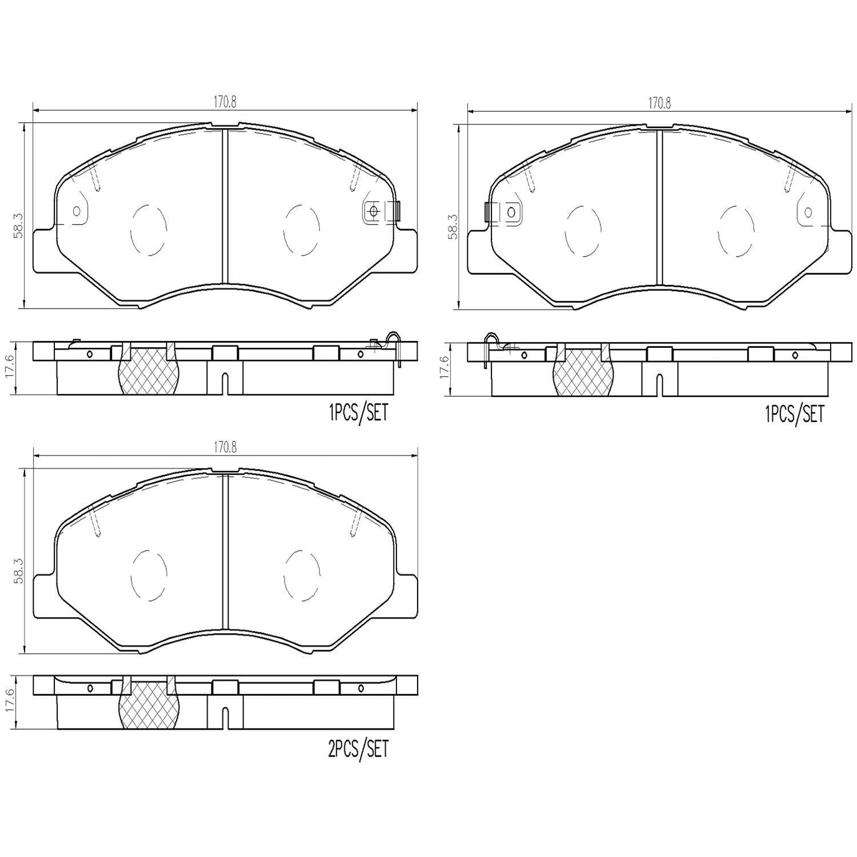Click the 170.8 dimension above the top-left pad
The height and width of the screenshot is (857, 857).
point(225,102)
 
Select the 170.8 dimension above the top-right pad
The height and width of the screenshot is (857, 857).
point(659,103)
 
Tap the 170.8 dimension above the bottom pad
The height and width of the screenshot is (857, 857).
point(225,448)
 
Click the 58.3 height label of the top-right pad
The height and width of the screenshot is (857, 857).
point(453,226)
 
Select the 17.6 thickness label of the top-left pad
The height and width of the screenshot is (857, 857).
point(18,368)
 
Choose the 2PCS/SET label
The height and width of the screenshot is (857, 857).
point(358,748)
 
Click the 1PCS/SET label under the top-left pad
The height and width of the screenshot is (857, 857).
point(358,413)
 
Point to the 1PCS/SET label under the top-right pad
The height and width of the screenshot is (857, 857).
point(794,414)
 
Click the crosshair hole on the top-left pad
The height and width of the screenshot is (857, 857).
point(374,211)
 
